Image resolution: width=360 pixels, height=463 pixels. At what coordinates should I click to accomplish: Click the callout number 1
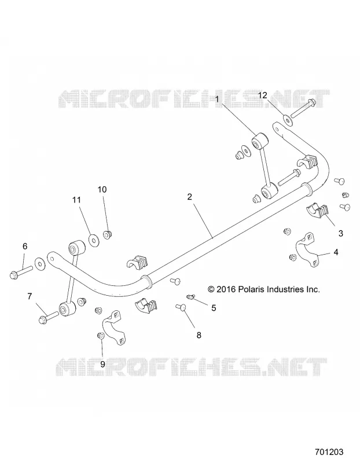[x=217, y=100]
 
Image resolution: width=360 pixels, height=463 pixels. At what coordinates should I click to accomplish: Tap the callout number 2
[x=190, y=197]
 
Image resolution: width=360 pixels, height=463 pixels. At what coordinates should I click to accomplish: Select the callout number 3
[x=340, y=233]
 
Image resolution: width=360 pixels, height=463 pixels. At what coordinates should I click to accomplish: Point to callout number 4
[x=336, y=252]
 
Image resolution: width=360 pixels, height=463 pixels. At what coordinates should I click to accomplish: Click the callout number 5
[x=214, y=308]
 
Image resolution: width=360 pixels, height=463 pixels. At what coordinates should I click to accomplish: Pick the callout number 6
[x=25, y=246]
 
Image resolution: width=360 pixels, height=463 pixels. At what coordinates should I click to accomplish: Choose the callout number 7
[x=30, y=296]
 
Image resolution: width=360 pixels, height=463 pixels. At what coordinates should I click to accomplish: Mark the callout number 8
[x=199, y=335]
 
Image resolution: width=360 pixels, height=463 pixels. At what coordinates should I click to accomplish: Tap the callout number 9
[x=102, y=364]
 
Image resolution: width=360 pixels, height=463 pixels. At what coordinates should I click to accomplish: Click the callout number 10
[x=102, y=189]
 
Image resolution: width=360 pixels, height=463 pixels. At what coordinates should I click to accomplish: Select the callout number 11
[x=76, y=200]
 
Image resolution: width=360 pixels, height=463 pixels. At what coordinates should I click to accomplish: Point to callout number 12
[x=263, y=95]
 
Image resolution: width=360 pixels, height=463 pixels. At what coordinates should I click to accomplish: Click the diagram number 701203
[x=329, y=452]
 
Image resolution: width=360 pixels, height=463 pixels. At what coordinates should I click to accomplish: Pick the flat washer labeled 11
[x=94, y=240]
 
